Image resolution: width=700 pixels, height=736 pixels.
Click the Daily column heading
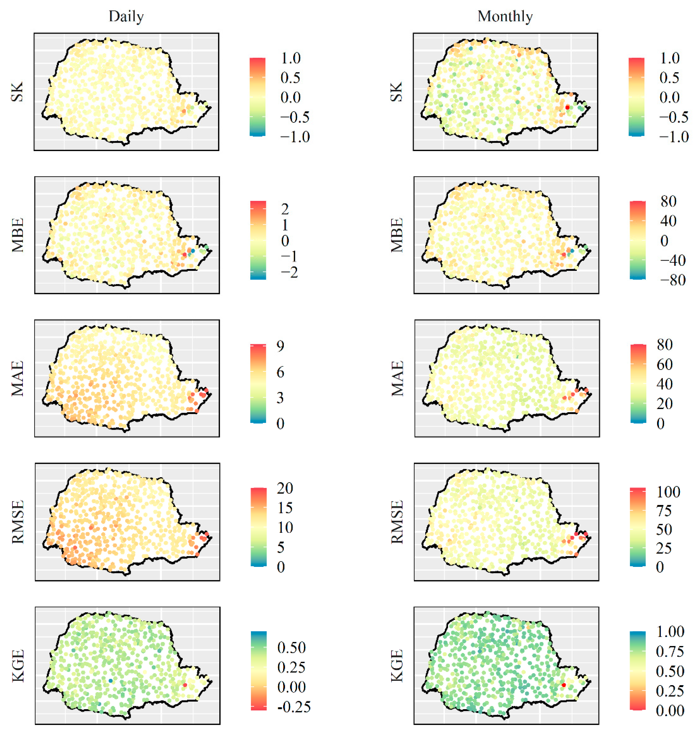pos(126,16)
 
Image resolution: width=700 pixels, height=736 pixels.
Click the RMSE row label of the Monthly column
pos(397,522)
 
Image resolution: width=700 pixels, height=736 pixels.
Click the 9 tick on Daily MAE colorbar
pos(281,346)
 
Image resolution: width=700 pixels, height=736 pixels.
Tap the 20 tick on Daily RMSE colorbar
pos(285,488)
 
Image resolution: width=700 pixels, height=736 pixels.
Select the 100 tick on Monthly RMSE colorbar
pos(668,492)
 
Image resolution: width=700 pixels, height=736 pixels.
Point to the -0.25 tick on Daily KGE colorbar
pos(294,707)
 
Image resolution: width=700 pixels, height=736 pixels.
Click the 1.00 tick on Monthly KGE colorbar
pos(670,632)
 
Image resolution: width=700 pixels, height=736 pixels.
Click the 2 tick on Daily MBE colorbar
pos(285,209)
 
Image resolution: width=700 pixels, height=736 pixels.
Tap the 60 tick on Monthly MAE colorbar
pos(665,364)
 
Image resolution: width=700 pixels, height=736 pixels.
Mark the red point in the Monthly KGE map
pos(563,685)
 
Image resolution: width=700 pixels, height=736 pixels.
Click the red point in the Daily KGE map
pos(185,685)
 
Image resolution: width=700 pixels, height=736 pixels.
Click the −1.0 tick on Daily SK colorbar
pos(295,137)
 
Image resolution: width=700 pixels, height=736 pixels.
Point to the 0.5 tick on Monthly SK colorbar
pos(669,78)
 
